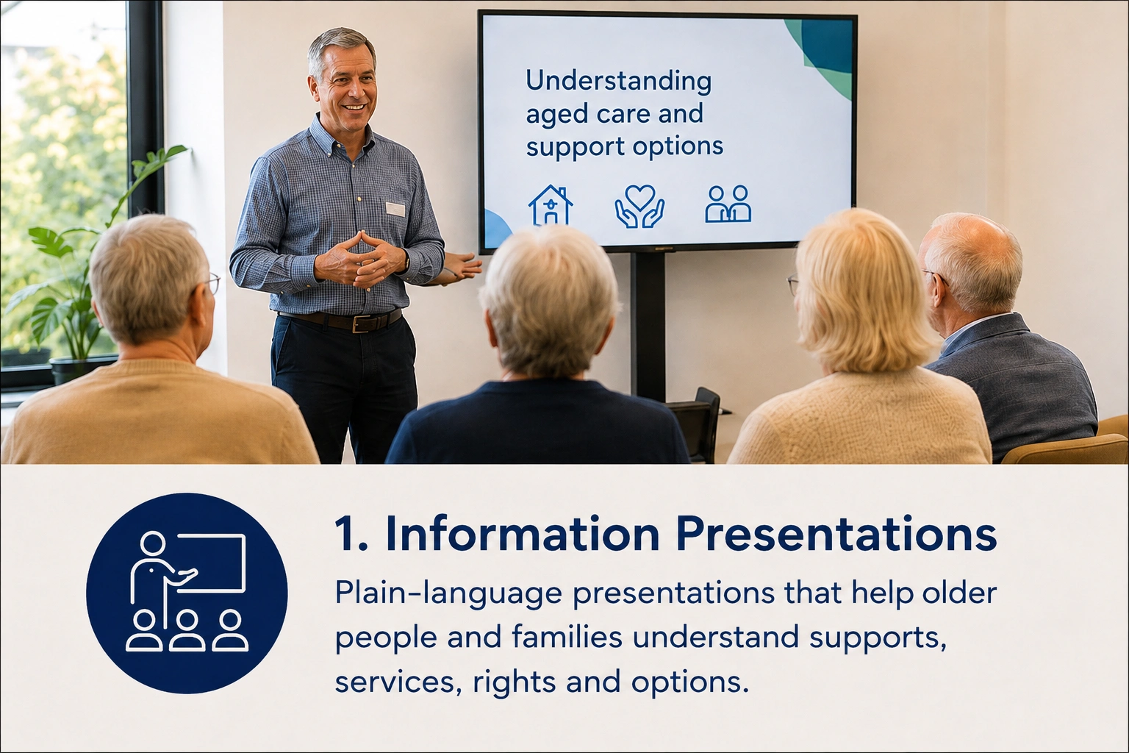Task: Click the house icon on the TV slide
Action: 550,205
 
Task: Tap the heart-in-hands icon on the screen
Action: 639,206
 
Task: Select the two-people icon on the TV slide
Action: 728,204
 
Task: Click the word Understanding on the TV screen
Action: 618,82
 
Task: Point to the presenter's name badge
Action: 395,209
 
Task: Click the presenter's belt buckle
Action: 362,324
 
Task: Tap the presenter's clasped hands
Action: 364,259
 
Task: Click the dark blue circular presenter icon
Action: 187,593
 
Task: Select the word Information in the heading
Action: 522,534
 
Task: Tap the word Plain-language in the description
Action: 448,593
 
